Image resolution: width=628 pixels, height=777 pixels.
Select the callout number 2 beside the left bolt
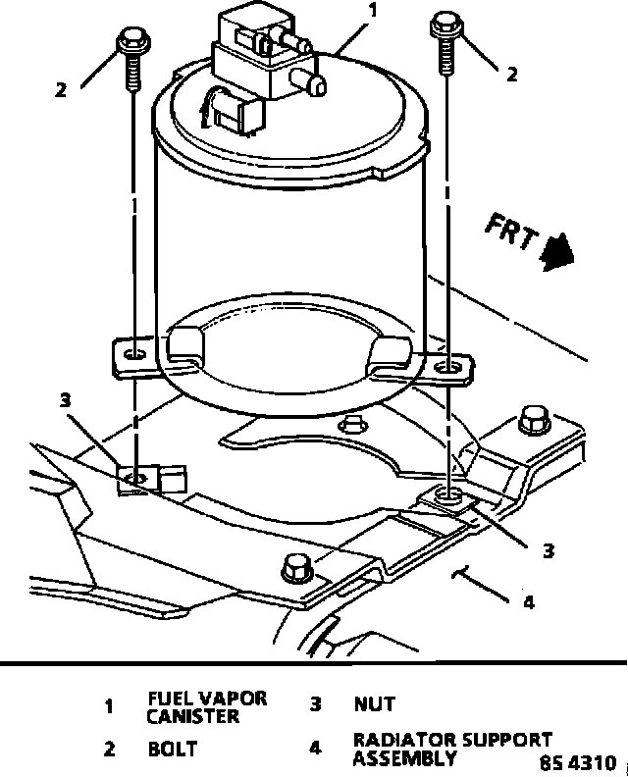pyautogui.click(x=62, y=89)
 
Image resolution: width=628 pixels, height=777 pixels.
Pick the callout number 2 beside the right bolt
pyautogui.click(x=511, y=72)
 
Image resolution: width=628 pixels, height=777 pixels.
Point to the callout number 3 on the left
pyautogui.click(x=65, y=399)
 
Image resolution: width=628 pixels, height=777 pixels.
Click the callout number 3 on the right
pyautogui.click(x=549, y=550)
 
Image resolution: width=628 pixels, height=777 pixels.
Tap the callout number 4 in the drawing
pyautogui.click(x=528, y=601)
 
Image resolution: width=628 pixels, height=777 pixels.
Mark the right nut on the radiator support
pyautogui.click(x=452, y=498)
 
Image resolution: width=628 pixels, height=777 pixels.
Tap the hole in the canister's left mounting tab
pyautogui.click(x=134, y=351)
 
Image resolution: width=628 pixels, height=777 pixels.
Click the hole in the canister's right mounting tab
pyautogui.click(x=447, y=366)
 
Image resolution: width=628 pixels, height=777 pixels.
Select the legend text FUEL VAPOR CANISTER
pyautogui.click(x=206, y=707)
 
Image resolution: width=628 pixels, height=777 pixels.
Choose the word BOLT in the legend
pyautogui.click(x=173, y=750)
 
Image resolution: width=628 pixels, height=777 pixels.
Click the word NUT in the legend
pyautogui.click(x=374, y=703)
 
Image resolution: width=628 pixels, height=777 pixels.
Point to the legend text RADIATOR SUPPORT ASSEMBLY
pyautogui.click(x=451, y=749)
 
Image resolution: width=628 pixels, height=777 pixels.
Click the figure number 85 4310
pyautogui.click(x=580, y=761)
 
